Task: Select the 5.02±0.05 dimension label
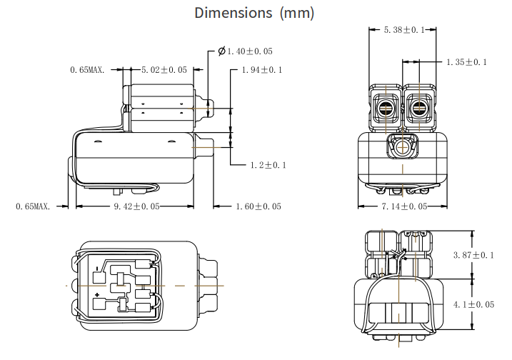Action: pyautogui.click(x=164, y=69)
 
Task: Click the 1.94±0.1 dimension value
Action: pyautogui.click(x=262, y=69)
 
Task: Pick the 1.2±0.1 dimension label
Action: pyautogui.click(x=267, y=165)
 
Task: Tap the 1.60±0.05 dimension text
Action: pyautogui.click(x=258, y=206)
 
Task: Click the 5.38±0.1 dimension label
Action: pyautogui.click(x=404, y=29)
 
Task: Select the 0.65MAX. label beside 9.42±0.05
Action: pyautogui.click(x=33, y=206)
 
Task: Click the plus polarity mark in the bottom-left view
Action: pyautogui.click(x=97, y=294)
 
